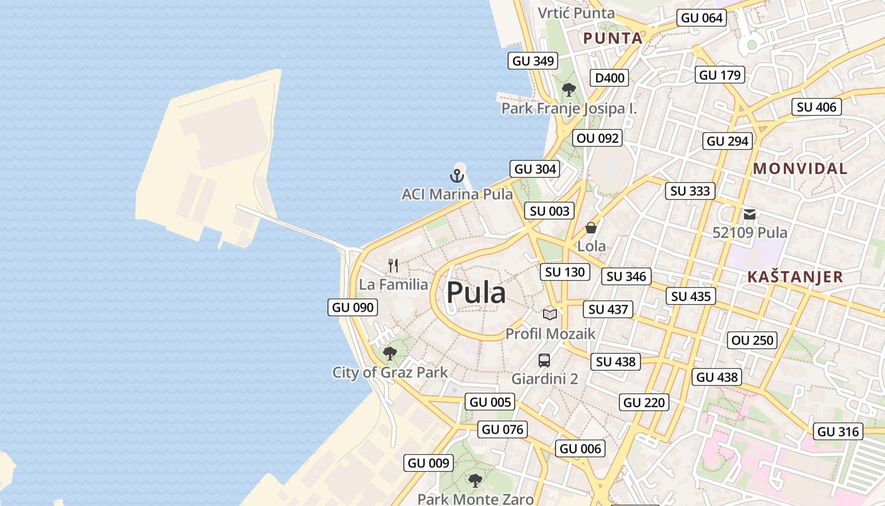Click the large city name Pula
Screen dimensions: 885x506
tap(476, 293)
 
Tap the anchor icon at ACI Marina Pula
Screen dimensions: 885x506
tap(456, 176)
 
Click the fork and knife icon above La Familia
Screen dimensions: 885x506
tap(393, 265)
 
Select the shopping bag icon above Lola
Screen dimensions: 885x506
tap(591, 228)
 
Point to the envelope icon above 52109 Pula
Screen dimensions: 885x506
tap(750, 214)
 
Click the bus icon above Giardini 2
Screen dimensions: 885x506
tap(544, 361)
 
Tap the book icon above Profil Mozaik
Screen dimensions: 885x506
tap(550, 314)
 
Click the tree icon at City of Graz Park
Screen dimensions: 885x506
tap(390, 353)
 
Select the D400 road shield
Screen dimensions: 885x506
tap(609, 78)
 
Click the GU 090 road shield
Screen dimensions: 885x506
tap(353, 308)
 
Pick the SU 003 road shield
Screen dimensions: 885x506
tap(550, 211)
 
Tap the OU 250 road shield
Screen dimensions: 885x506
tap(752, 340)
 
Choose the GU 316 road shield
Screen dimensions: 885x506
tap(838, 432)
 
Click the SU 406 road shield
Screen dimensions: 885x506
tap(817, 108)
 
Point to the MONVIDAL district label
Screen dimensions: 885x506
tap(800, 169)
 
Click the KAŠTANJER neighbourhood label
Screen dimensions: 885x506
tap(795, 277)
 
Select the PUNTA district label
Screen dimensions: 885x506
tap(613, 39)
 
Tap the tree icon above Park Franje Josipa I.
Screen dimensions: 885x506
tap(569, 89)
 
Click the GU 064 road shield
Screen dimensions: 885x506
tap(702, 18)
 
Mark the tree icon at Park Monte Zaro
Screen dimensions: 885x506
tap(475, 481)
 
